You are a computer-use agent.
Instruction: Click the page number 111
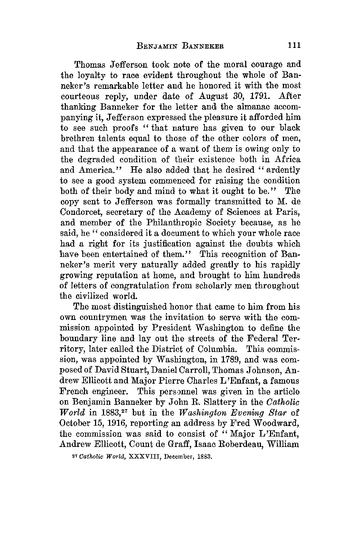(294, 45)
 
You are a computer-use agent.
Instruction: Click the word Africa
(285, 159)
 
